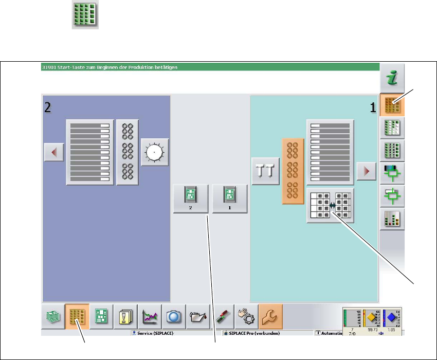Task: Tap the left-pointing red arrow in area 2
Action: coord(53,152)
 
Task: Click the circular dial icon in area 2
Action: coord(155,153)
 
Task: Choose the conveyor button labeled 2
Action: coord(190,198)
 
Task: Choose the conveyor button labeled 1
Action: coord(230,198)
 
